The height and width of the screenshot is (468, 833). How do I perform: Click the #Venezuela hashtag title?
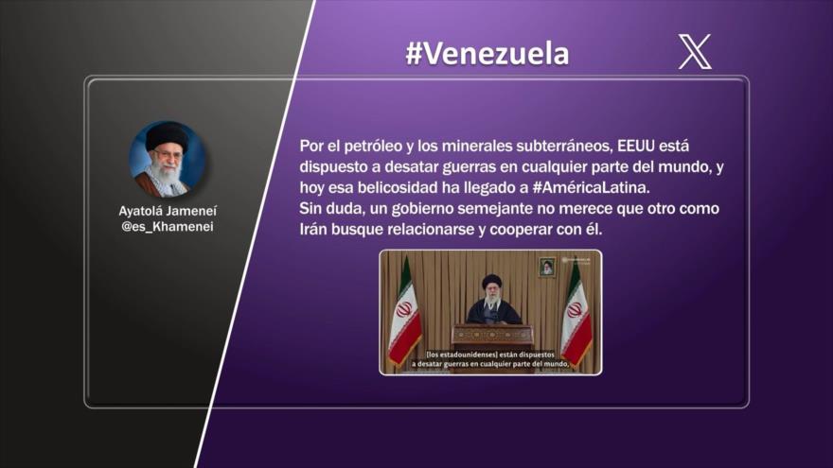coord(487,54)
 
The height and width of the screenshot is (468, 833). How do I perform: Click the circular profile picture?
coord(167,158)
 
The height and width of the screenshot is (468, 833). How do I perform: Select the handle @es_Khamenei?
coord(167,227)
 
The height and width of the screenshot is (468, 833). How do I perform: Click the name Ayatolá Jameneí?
coord(167,211)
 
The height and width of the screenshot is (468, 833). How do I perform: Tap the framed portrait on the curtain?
coord(546,267)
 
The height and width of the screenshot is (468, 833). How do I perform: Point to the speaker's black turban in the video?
coord(491,282)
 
